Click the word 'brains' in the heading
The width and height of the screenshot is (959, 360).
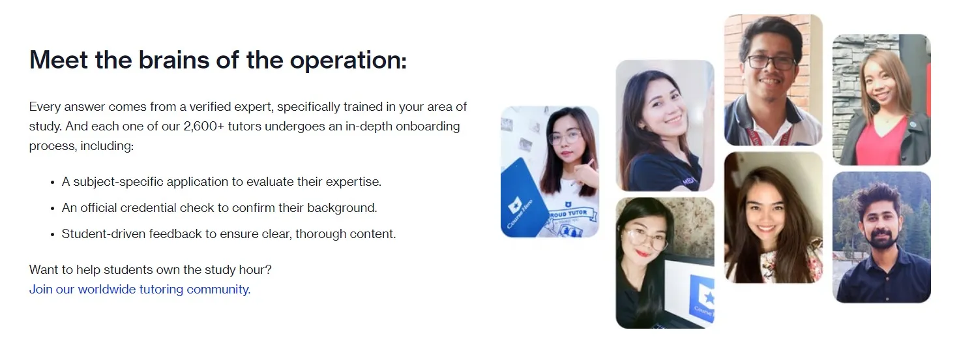pyautogui.click(x=174, y=59)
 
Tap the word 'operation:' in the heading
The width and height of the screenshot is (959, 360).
pyautogui.click(x=348, y=61)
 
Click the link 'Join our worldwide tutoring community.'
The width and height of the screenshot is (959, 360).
pyautogui.click(x=140, y=290)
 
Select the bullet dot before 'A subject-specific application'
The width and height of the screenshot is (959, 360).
pyautogui.click(x=53, y=183)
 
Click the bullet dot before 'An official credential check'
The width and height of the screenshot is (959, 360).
pyautogui.click(x=53, y=209)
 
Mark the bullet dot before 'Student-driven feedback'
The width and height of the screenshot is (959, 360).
pyautogui.click(x=53, y=235)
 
